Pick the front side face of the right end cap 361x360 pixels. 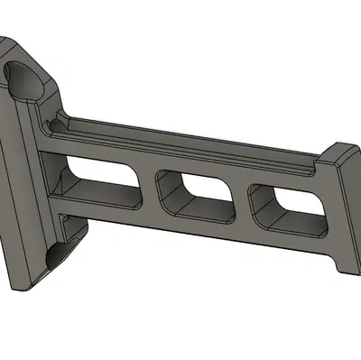[x=347, y=217]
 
